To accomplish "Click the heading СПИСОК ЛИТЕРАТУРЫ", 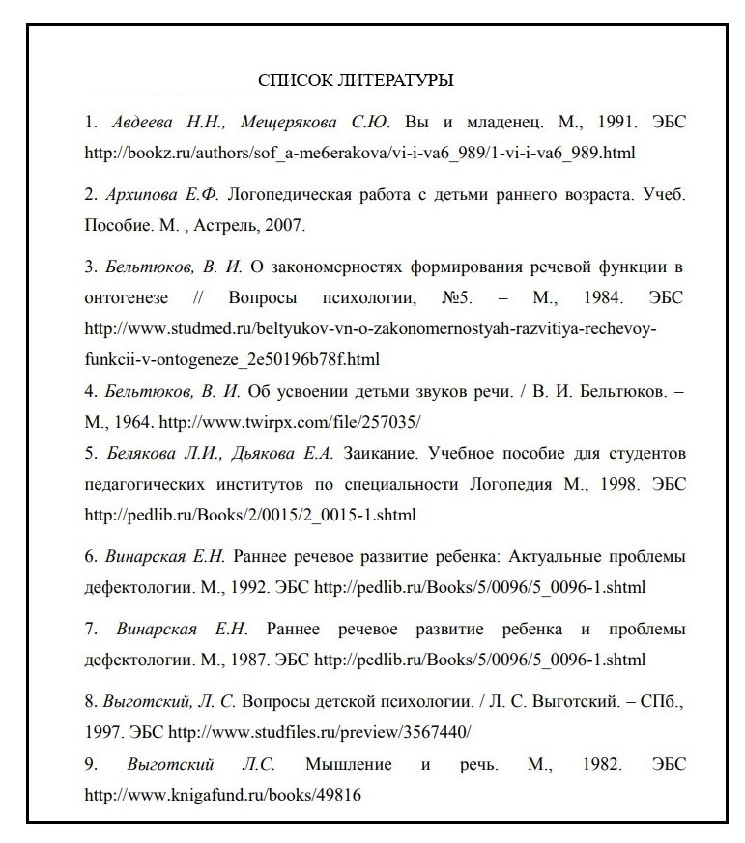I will pos(357,80).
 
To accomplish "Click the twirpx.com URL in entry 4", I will pos(290,422).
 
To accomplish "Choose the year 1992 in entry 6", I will pos(246,586).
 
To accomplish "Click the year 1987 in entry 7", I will pos(246,660).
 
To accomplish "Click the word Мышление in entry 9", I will pos(349,764).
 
